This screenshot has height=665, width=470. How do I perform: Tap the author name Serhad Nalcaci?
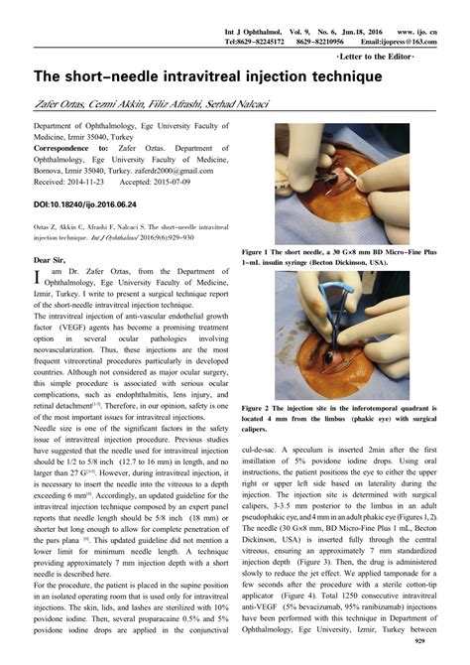coord(242,105)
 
